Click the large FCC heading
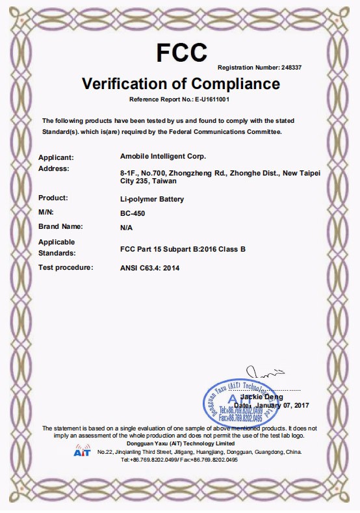coord(181,51)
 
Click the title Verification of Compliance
coord(181,84)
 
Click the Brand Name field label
coord(61,226)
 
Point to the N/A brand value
coord(127,228)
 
